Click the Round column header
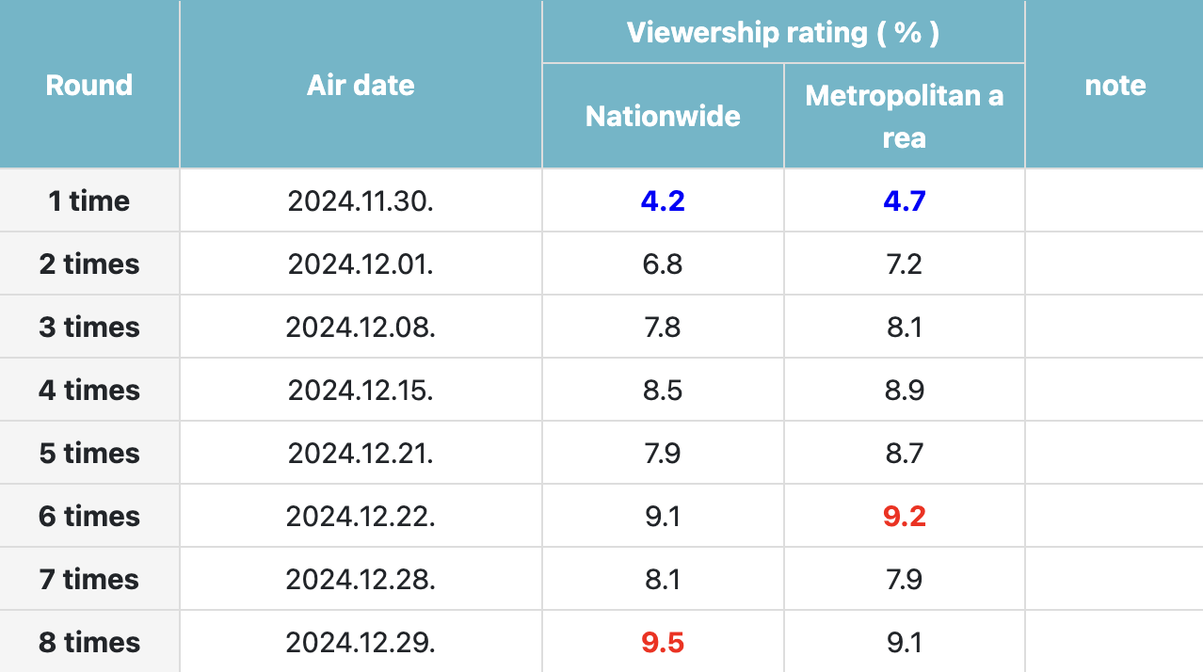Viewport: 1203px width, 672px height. tap(89, 86)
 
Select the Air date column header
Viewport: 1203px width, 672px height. tap(361, 86)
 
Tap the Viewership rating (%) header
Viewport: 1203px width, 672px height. tap(783, 33)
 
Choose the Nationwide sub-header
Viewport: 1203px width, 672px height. tap(663, 116)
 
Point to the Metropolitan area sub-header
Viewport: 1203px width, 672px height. tap(904, 117)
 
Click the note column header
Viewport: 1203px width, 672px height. tap(1115, 86)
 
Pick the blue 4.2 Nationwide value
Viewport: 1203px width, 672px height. tap(663, 200)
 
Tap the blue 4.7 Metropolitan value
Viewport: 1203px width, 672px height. tap(904, 200)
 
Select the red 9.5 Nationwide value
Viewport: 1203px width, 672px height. tap(663, 643)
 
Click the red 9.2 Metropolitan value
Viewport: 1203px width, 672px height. tap(904, 517)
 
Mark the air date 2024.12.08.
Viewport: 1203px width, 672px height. tap(361, 328)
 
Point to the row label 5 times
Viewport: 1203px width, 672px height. tap(89, 454)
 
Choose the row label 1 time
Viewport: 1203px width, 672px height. tap(89, 200)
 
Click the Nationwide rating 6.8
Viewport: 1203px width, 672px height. tap(663, 264)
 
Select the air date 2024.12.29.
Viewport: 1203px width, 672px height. tap(361, 643)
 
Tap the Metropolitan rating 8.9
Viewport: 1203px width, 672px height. tap(904, 391)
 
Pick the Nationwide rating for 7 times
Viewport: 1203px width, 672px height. tap(663, 580)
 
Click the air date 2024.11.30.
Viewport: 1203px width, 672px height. tap(361, 200)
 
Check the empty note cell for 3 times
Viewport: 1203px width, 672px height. tap(1115, 328)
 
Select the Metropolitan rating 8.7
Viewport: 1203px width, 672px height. tap(904, 454)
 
